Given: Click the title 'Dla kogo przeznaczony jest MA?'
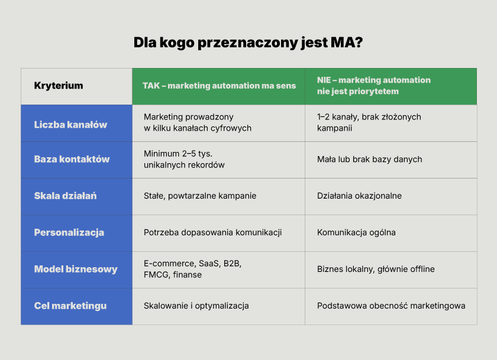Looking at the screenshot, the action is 248,43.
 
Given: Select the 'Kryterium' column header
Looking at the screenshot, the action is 59,86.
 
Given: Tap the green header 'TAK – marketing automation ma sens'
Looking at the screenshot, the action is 219,86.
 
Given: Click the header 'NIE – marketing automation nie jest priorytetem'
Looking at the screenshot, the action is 374,86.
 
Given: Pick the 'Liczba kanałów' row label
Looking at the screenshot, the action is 70,125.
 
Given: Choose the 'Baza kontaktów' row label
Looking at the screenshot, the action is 72,159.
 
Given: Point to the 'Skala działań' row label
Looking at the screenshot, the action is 65,196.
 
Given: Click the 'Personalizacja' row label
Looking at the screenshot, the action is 69,232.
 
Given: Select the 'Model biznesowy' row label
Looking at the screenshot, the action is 76,269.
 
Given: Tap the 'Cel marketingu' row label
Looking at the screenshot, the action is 70,306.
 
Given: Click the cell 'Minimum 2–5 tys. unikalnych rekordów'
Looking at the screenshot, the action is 184,159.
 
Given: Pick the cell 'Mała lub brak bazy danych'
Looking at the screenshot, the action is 370,159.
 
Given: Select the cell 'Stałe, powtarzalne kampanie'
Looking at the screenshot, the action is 200,196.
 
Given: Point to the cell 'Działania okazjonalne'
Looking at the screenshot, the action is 360,196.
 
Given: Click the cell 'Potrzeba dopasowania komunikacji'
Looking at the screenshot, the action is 212,233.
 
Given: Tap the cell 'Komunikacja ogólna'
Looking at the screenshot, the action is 356,233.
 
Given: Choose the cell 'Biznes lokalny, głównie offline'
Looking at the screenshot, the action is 376,269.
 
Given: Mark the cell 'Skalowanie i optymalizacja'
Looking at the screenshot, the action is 196,306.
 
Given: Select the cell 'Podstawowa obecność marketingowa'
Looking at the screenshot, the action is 391,306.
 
